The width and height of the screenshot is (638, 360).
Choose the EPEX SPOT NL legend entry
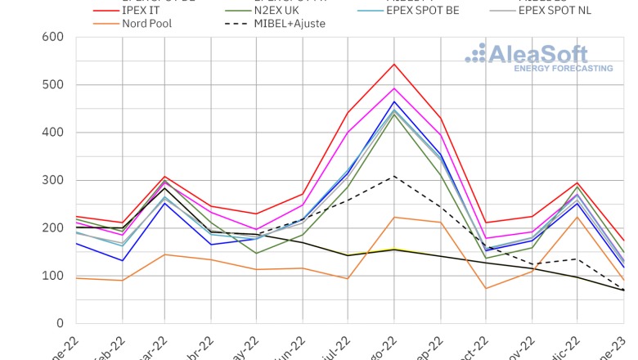click(x=566, y=10)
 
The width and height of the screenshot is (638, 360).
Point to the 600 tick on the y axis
click(x=52, y=37)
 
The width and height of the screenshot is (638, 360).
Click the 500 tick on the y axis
click(x=52, y=84)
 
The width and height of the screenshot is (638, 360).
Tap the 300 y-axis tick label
click(x=52, y=180)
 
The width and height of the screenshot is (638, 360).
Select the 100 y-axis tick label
click(x=52, y=276)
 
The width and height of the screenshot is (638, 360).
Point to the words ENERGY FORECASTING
click(x=563, y=69)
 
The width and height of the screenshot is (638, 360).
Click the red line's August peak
click(x=394, y=64)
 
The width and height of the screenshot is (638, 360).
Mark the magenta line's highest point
click(x=394, y=88)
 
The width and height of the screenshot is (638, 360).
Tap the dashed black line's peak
click(x=394, y=176)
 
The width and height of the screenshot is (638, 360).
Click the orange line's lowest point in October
click(x=486, y=288)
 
